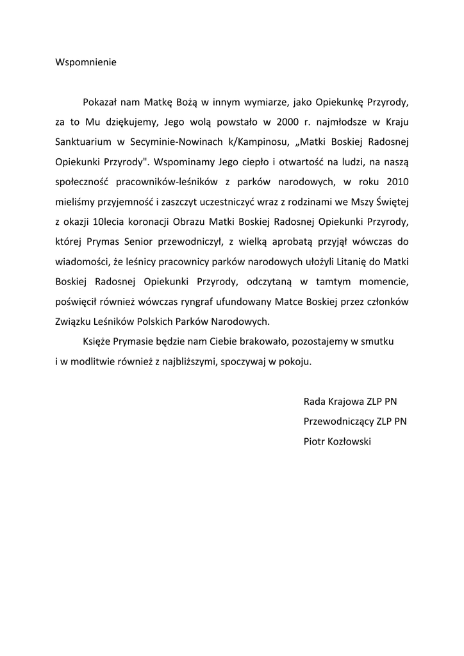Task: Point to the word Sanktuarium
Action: coord(84,141)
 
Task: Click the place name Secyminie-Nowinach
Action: coord(197,141)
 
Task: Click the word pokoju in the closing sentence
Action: coord(296,361)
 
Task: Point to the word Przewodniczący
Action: coord(336,421)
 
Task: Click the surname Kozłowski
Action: coord(349,441)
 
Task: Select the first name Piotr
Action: coord(314,441)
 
